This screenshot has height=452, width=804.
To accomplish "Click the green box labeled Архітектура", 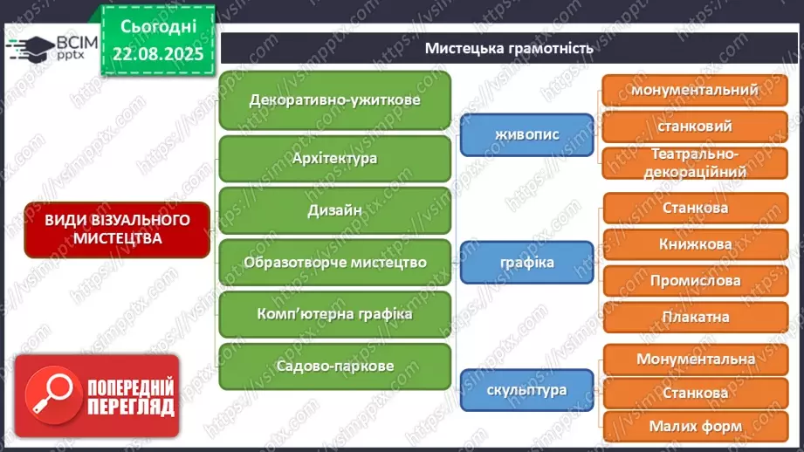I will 334,158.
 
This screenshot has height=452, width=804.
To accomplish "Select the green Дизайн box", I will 334,209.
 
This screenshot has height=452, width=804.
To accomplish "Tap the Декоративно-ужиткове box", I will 334,99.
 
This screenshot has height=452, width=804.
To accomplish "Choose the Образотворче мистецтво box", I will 334,262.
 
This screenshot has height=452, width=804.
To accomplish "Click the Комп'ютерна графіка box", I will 334,314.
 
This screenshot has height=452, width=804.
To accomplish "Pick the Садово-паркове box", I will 334,366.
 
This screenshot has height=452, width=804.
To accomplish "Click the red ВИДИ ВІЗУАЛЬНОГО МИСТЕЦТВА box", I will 117,229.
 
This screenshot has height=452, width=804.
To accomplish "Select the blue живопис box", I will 526,134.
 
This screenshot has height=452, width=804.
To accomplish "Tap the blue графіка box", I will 526,262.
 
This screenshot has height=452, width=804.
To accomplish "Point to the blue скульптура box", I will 526,390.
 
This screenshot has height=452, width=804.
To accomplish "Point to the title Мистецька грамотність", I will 509,48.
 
